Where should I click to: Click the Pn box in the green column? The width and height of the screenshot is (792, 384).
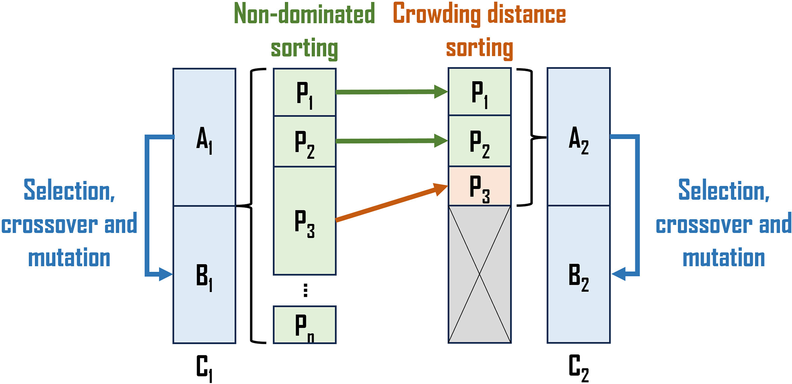pyautogui.click(x=305, y=325)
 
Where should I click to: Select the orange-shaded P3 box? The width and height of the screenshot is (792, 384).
pyautogui.click(x=479, y=187)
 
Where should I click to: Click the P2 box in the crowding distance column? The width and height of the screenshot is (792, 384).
pyautogui.click(x=479, y=141)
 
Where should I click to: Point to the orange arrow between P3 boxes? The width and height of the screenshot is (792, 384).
pyautogui.click(x=391, y=203)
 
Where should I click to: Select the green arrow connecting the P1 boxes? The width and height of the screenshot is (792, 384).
pyautogui.click(x=391, y=92)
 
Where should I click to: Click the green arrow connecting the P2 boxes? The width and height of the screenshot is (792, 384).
pyautogui.click(x=391, y=141)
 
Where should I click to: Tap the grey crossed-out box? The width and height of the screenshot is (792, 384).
pyautogui.click(x=479, y=274)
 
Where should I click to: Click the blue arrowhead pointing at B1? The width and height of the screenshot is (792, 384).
pyautogui.click(x=166, y=274)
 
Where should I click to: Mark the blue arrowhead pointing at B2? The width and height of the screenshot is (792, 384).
pyautogui.click(x=619, y=274)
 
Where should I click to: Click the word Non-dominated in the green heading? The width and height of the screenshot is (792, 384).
pyautogui.click(x=304, y=14)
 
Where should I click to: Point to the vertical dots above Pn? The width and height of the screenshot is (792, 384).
pyautogui.click(x=305, y=290)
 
